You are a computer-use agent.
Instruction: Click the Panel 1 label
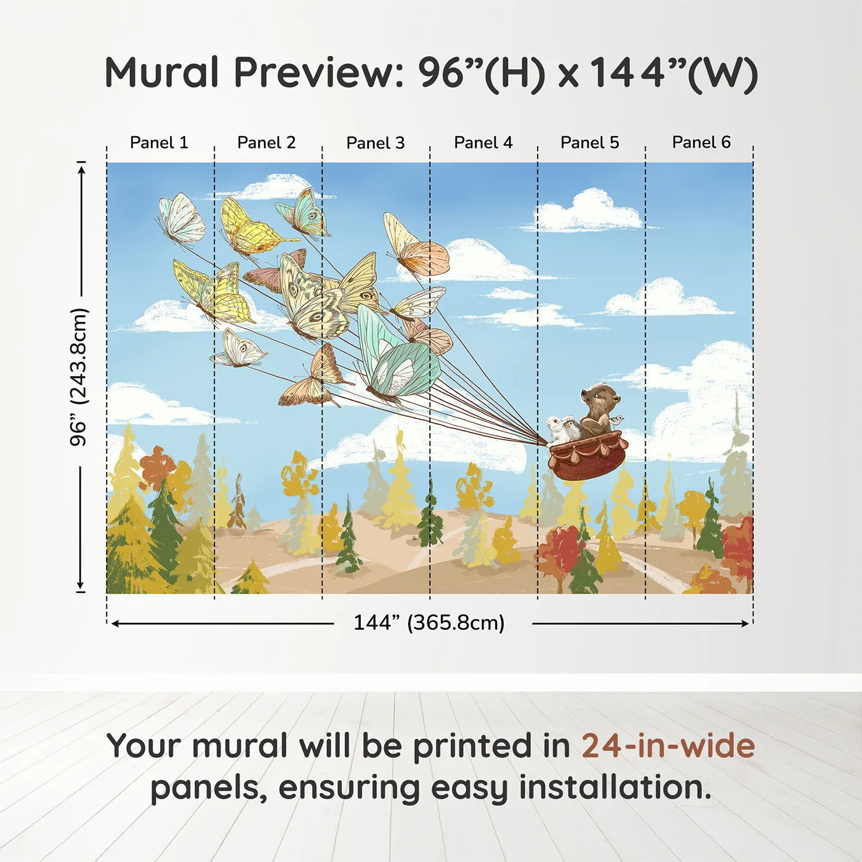[x=159, y=143]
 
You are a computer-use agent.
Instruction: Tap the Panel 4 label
[x=483, y=143]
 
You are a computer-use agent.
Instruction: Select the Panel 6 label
[x=701, y=142]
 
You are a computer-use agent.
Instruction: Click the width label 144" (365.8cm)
[x=429, y=622]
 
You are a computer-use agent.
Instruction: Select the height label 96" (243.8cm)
[x=79, y=377]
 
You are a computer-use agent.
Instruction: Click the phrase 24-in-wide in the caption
[x=668, y=746]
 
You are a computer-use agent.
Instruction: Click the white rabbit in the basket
[x=556, y=428]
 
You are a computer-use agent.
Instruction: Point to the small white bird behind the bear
[x=616, y=421]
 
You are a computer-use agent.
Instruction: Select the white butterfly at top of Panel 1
[x=182, y=219]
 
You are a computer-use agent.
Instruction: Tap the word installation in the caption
[x=614, y=787]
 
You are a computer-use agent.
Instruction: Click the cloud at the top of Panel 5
[x=588, y=212]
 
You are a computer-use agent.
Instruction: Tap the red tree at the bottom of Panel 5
[x=559, y=551]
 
